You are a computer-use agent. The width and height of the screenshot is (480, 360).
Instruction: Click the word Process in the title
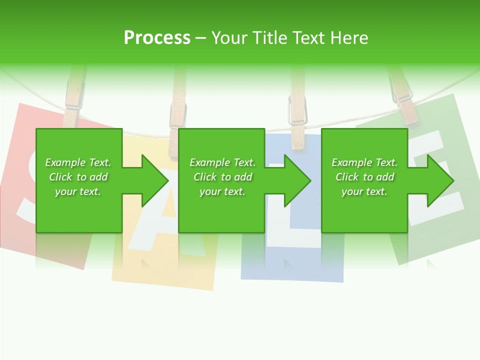coord(157,38)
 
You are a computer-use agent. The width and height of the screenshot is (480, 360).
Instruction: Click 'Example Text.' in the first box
coord(78,162)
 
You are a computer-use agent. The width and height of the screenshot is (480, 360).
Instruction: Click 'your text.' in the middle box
coord(222,191)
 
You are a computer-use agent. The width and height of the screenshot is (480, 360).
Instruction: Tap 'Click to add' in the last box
coord(364,177)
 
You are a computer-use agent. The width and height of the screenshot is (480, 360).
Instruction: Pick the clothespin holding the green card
coord(403,100)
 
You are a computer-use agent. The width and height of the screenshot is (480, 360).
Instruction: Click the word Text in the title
coord(307,38)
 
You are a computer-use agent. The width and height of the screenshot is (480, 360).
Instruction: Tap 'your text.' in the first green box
coord(78,191)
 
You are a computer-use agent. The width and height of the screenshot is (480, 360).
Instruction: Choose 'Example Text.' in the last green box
coord(364,162)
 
